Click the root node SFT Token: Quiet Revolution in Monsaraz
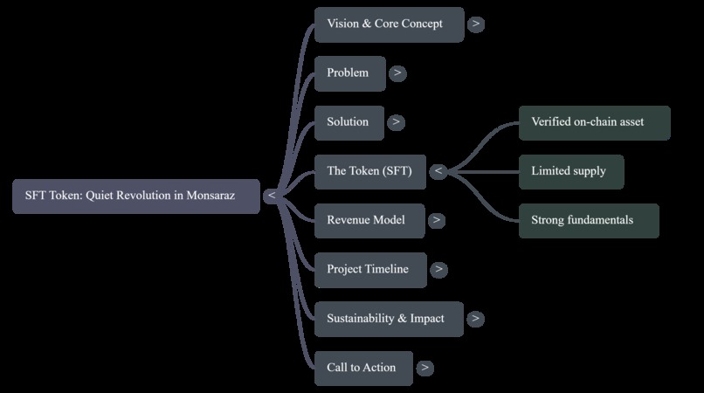click(136, 196)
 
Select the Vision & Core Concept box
click(390, 24)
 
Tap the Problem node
click(349, 73)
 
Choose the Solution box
click(349, 123)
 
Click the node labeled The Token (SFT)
click(370, 172)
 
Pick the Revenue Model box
click(369, 221)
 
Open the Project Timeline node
click(370, 270)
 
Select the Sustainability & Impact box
click(389, 320)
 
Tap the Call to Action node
click(363, 369)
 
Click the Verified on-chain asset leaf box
click(595, 123)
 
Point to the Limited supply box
click(571, 172)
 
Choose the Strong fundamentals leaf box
click(589, 221)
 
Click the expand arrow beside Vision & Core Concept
click(476, 24)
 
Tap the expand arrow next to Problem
click(397, 73)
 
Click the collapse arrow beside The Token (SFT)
click(438, 171)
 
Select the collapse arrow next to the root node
click(272, 196)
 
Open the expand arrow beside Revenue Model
click(437, 220)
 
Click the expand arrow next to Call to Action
click(424, 368)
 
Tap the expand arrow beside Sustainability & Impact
click(475, 319)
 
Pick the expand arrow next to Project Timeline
click(438, 270)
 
